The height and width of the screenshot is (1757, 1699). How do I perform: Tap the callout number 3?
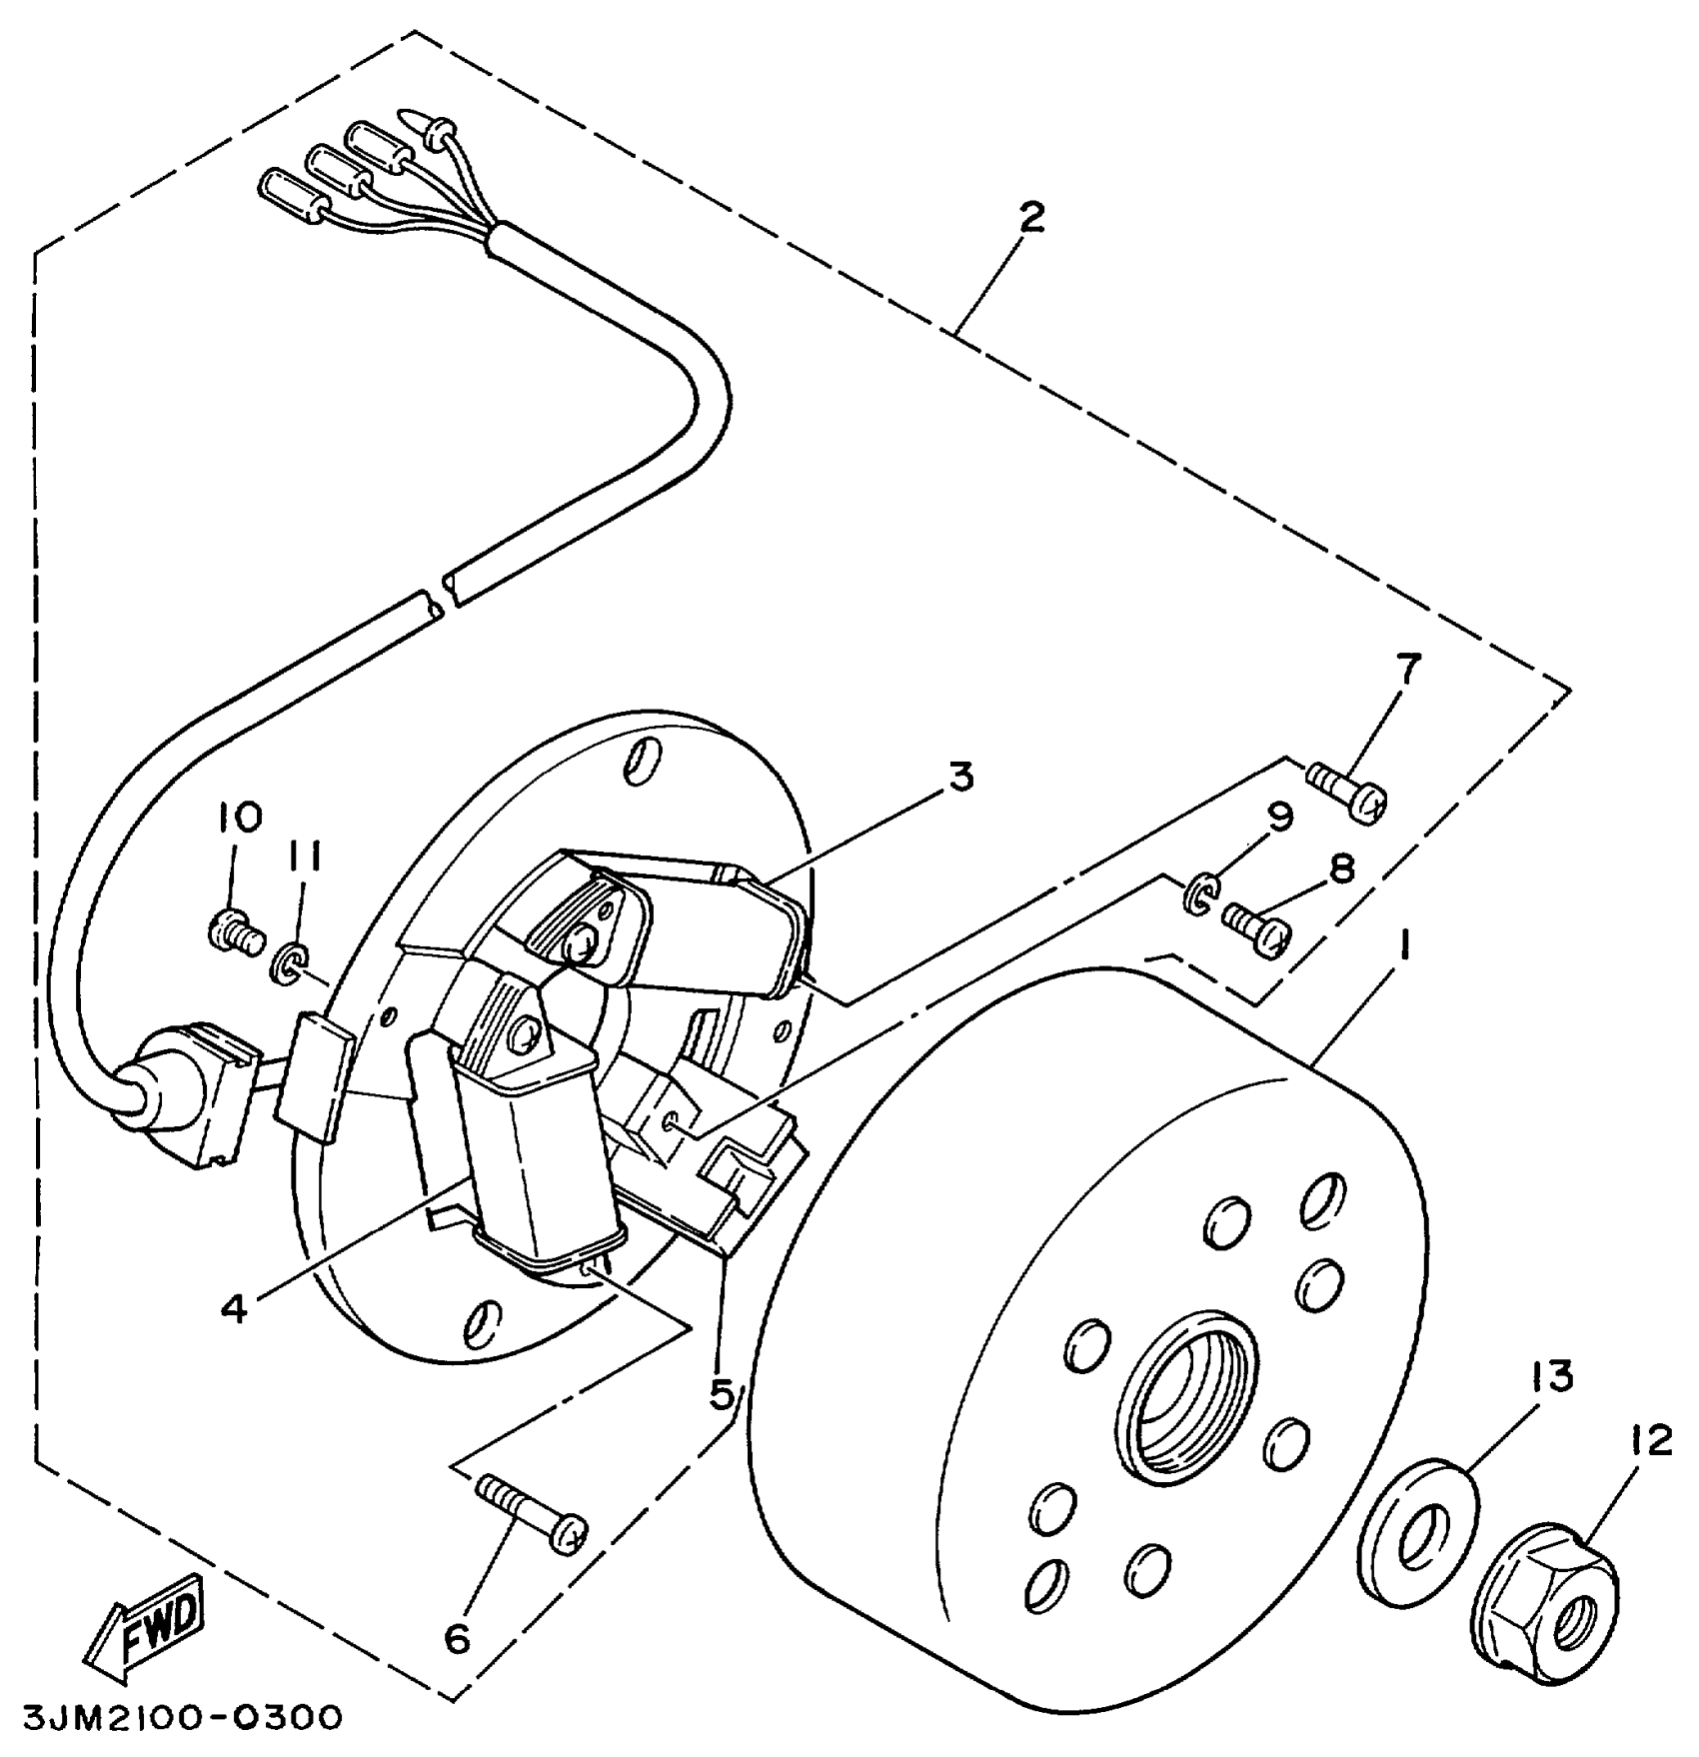point(960,777)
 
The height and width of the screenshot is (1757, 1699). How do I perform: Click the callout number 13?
point(1550,1377)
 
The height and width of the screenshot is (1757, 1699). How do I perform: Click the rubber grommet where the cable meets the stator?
point(144,1093)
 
